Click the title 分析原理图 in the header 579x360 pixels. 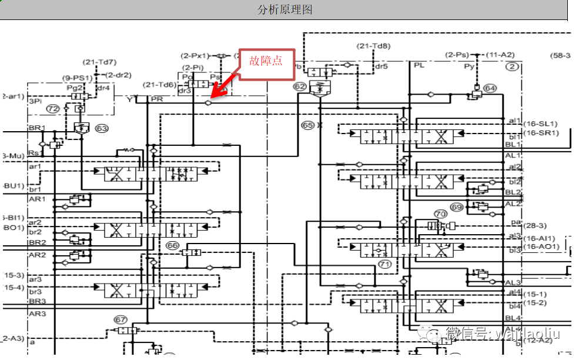(285, 10)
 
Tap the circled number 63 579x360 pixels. (102, 128)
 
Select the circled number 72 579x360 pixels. (53, 109)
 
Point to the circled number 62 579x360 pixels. (300, 87)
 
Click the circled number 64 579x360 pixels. (490, 89)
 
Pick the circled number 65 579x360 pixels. (307, 125)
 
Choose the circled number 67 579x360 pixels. (121, 319)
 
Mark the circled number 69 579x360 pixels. (457, 207)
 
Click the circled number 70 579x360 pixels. (440, 214)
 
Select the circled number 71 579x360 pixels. (385, 264)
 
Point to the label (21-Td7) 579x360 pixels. (99, 62)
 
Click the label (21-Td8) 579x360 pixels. (374, 46)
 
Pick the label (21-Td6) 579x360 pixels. (159, 85)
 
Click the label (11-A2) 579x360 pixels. (500, 55)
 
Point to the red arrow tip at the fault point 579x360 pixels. (212, 96)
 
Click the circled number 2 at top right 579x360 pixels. (513, 66)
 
